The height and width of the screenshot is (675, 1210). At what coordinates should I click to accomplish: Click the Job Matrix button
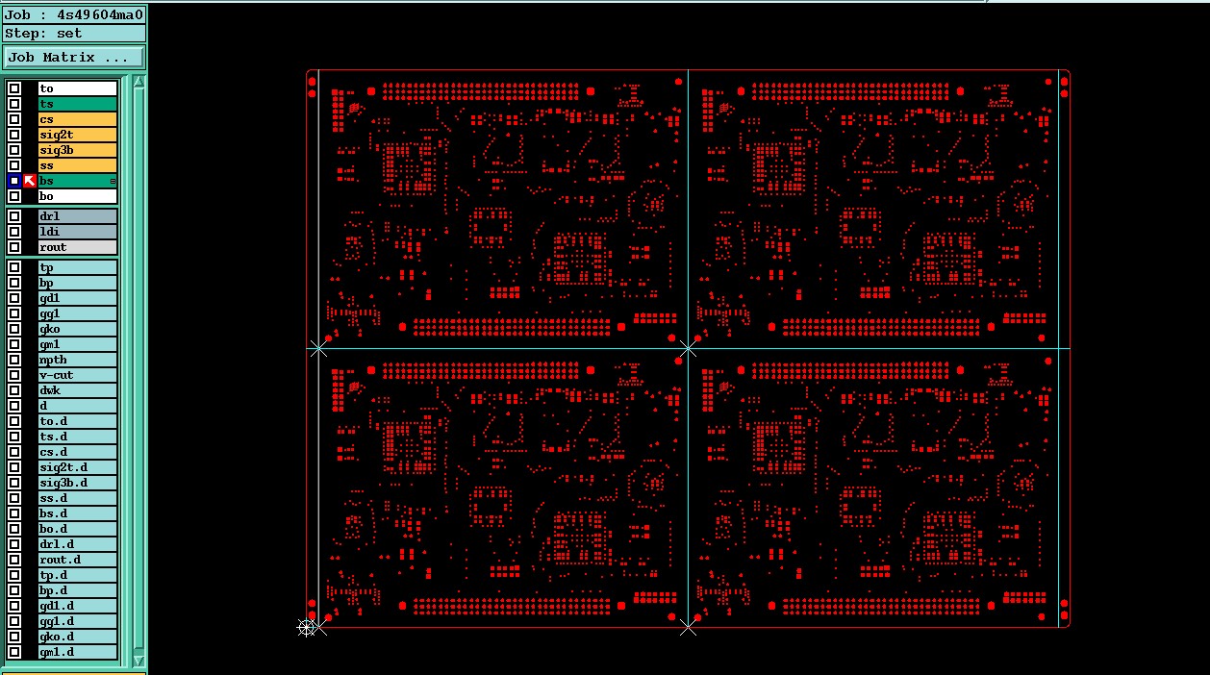pos(74,58)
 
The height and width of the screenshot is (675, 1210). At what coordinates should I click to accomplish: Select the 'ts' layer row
pos(77,104)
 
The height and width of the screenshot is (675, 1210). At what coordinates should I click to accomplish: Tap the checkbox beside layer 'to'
pos(14,88)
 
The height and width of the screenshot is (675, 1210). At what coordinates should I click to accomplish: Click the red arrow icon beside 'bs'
pos(30,181)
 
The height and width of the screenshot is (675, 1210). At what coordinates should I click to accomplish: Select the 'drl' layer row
pos(77,216)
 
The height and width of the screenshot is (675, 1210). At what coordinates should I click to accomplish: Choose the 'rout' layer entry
pos(77,247)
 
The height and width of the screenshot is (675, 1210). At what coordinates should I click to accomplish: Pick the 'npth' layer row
pos(77,360)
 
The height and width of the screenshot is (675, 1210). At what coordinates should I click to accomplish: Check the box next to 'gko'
pos(14,329)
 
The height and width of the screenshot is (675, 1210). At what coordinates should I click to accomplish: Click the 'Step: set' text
pos(44,34)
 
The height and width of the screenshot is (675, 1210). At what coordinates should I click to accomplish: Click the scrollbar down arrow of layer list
pos(139,660)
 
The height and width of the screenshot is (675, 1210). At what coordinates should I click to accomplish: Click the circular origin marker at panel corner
pos(307,627)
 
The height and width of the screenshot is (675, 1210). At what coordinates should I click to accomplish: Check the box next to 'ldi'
pos(14,232)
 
